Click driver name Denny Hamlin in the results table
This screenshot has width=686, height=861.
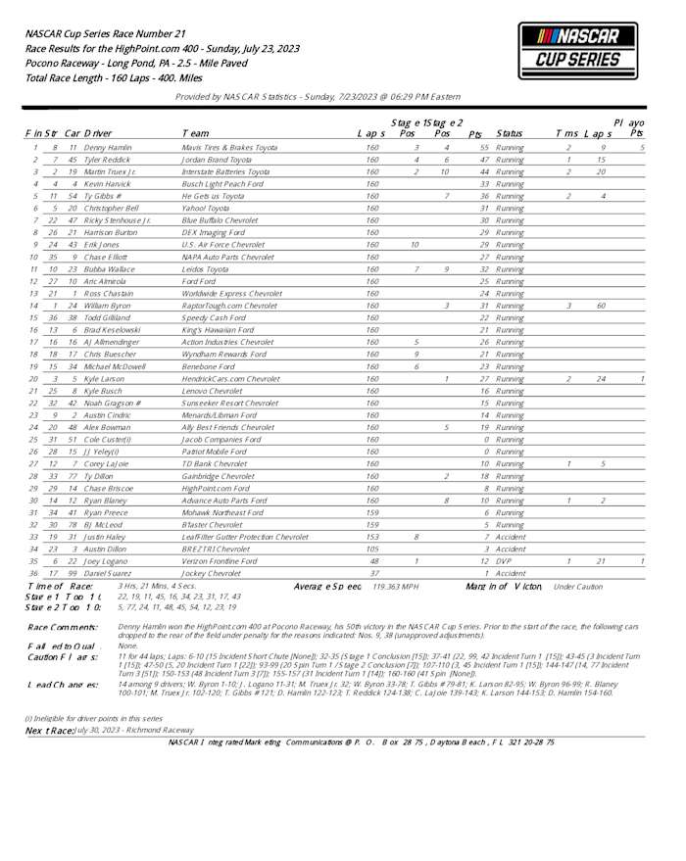pos(108,147)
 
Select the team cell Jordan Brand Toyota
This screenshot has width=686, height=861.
pos(217,159)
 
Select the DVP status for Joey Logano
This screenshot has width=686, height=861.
pos(506,560)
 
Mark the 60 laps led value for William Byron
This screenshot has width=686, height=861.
pos(601,306)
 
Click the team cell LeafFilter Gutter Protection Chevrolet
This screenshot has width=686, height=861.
pos(245,536)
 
